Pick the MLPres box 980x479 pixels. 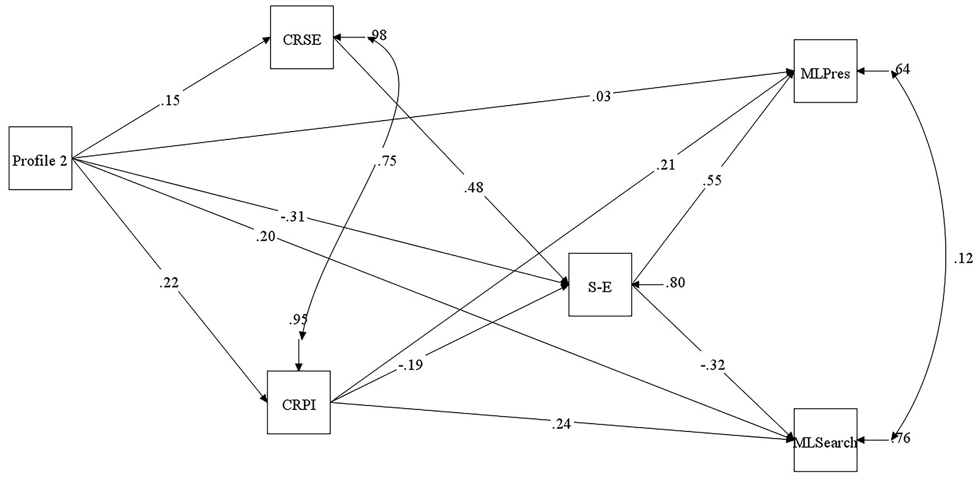pos(825,71)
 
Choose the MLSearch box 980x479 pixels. pos(825,440)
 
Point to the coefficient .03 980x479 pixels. pos(601,97)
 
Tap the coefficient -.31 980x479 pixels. pos(293,217)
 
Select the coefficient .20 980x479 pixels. pos(266,237)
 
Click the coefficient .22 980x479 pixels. pos(168,282)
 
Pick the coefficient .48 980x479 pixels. pos(473,188)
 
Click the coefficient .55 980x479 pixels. pos(712,180)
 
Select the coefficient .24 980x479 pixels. pos(561,424)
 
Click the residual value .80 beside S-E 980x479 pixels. pos(675,283)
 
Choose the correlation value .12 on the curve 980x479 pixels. pos(963,258)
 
